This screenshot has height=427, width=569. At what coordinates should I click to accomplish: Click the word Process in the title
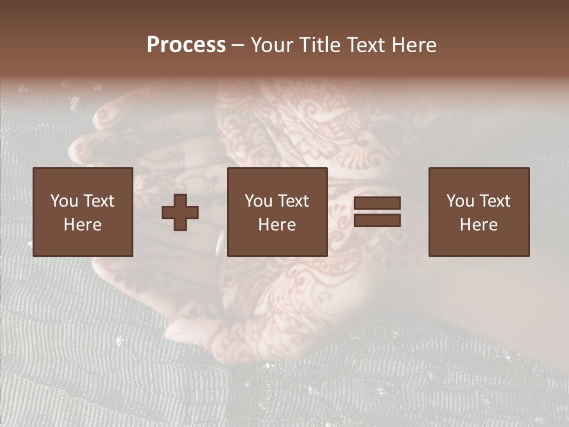point(186,45)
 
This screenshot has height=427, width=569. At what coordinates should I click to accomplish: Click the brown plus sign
point(180,212)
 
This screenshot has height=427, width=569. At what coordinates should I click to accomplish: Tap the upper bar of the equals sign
point(377,203)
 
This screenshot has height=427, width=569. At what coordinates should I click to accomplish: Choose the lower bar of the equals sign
point(377,221)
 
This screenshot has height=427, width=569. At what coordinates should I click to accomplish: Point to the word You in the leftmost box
point(63,201)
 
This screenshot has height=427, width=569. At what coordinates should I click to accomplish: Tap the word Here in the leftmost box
point(83,225)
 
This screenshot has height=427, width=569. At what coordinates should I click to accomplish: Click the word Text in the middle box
point(293,201)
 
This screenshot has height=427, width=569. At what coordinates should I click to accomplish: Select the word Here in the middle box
point(277,225)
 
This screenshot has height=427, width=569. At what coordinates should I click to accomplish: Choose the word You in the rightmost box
point(459,201)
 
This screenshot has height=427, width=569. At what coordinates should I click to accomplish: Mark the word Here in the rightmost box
point(479,225)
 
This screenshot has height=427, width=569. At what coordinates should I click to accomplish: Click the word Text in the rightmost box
point(495,201)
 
